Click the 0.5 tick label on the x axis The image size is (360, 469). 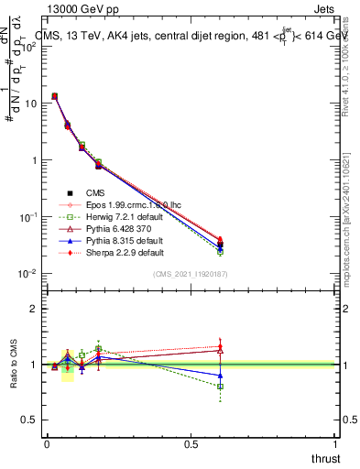tap(191, 444)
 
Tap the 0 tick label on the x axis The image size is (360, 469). tap(47, 444)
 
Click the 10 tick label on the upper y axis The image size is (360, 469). tap(27, 104)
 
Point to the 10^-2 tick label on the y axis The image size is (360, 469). tap(26, 274)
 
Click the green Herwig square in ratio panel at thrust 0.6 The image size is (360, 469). tap(220, 387)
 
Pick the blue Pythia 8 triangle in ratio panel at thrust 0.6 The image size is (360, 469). tap(220, 376)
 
